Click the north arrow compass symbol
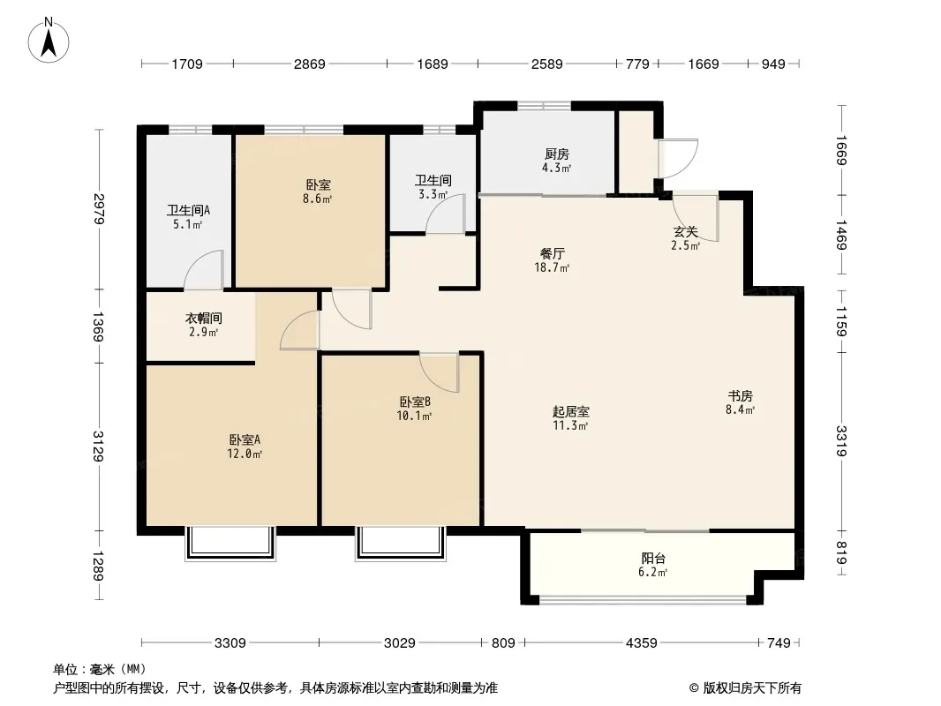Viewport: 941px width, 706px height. [49, 41]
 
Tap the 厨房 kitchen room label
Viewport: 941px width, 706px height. [557, 154]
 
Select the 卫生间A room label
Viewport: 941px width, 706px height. [188, 211]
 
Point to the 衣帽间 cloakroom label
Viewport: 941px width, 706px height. [203, 318]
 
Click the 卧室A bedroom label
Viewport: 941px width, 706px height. [245, 439]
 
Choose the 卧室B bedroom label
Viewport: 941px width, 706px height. [415, 402]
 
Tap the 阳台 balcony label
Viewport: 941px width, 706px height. [653, 559]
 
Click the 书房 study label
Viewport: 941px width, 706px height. [740, 396]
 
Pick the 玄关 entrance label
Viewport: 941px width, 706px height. [685, 231]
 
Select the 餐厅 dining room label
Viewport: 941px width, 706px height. [552, 254]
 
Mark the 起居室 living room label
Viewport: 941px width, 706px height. [571, 411]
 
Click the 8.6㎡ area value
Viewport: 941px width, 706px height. [318, 199]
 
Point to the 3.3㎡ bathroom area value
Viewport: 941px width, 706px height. [433, 194]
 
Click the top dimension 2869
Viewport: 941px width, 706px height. [310, 64]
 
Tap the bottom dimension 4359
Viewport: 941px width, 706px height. [642, 643]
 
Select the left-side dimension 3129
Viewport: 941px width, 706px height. [98, 447]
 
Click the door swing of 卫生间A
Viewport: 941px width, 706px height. [204, 269]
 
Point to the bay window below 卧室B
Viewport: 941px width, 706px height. [401, 544]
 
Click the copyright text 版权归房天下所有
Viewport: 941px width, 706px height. [752, 688]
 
